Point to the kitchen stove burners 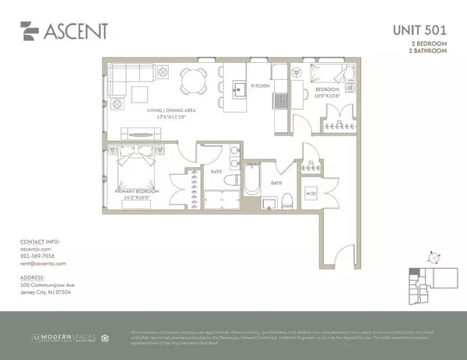tap(279, 100)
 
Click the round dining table tap(191, 80)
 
